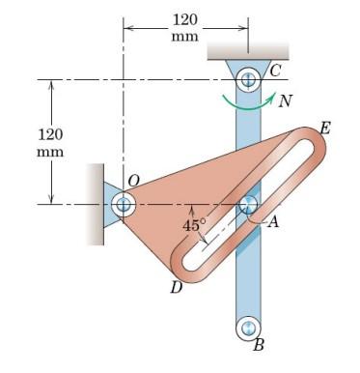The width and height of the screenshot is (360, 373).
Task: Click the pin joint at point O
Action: tap(124, 204)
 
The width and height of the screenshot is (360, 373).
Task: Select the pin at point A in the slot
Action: tap(248, 204)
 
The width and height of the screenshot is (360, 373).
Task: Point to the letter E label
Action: tap(324, 128)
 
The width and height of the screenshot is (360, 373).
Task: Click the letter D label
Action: tap(177, 287)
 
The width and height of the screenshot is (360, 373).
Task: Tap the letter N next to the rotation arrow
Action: tap(285, 100)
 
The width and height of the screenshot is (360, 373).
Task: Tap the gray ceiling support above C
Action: tap(248, 49)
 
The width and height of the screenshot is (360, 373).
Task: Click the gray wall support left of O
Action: tap(93, 204)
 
